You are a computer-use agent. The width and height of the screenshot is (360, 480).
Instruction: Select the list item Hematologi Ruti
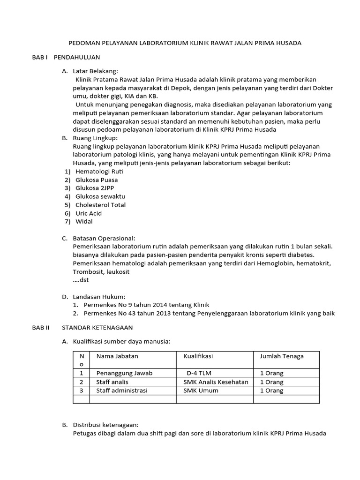99,171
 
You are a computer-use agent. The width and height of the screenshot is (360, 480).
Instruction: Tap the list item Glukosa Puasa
97,180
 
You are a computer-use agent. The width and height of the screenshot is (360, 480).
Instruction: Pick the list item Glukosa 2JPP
95,188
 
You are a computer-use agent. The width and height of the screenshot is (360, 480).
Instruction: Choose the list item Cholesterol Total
100,205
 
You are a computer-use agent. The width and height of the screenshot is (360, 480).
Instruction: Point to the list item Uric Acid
89,213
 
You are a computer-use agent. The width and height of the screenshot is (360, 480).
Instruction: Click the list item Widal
84,222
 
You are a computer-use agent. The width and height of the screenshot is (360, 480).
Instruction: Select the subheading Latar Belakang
96,70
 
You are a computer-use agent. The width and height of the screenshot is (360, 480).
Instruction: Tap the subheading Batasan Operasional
104,238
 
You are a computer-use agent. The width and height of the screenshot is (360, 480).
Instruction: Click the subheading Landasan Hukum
99,296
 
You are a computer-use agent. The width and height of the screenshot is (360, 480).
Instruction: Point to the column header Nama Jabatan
117,356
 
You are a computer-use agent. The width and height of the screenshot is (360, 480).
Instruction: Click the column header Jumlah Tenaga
282,356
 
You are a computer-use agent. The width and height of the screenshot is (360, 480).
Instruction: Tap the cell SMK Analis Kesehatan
216,382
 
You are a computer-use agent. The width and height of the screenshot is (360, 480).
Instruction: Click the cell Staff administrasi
122,390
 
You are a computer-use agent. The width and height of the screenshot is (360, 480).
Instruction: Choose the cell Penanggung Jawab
124,373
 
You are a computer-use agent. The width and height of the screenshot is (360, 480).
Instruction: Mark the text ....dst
81,280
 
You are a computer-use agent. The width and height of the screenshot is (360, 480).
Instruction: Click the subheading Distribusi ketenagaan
106,424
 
